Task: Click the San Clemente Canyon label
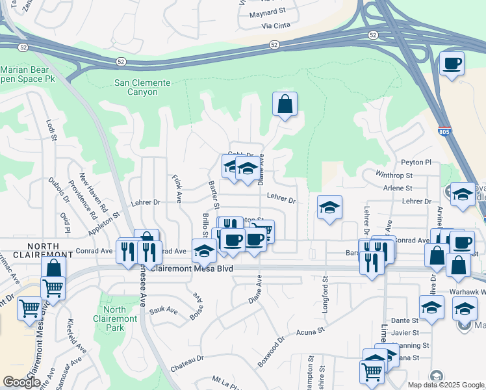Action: (x=142, y=87)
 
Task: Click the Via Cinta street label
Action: (x=275, y=26)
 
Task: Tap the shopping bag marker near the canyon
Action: (x=285, y=104)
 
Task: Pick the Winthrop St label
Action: (x=395, y=175)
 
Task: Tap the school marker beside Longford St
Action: (x=329, y=207)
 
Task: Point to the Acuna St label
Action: (x=311, y=333)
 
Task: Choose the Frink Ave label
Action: (x=177, y=187)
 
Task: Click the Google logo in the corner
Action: (x=21, y=382)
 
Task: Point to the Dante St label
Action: (x=404, y=320)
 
